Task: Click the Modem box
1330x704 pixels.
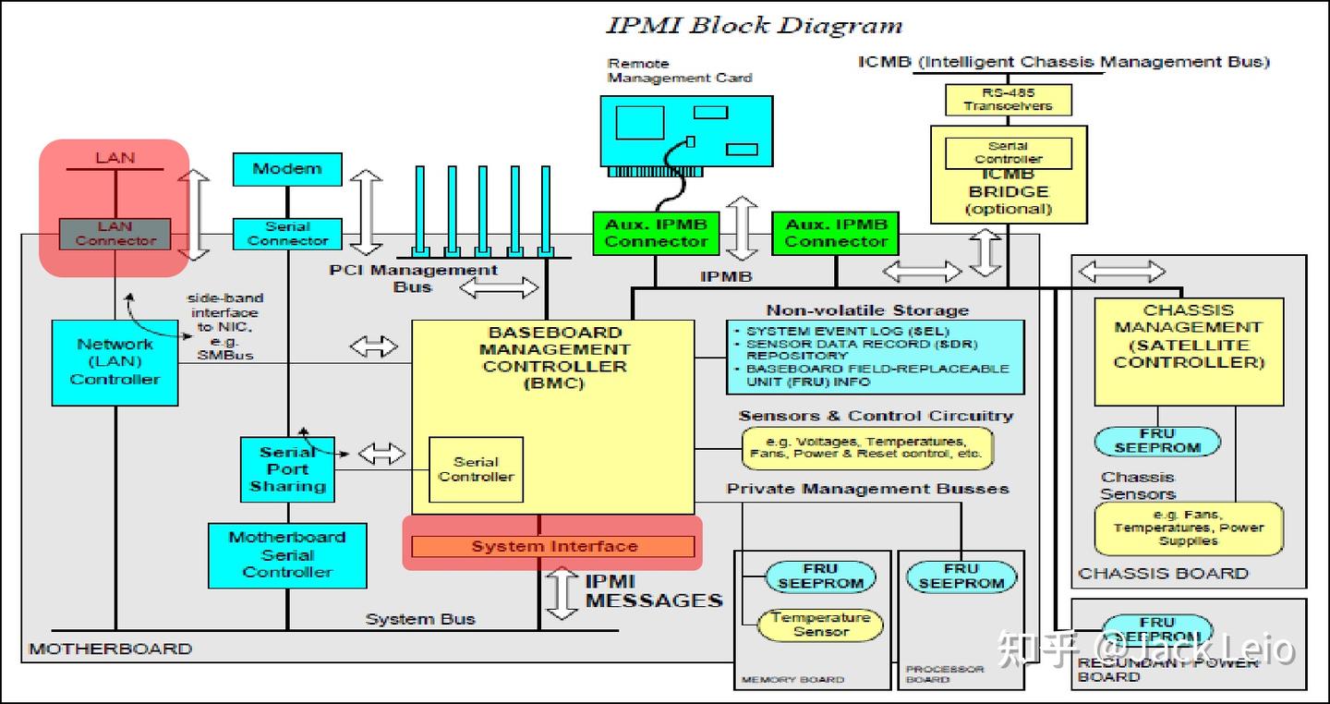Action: point(286,169)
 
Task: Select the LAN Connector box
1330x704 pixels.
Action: point(115,234)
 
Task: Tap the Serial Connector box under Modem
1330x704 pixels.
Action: point(287,234)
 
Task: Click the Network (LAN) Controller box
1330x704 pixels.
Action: point(115,362)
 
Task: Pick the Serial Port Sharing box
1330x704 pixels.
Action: point(286,469)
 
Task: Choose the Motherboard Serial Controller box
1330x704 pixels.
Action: point(286,555)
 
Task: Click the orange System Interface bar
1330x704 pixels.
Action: point(553,546)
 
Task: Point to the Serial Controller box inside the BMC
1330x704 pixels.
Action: point(476,469)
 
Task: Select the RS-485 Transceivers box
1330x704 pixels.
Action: point(1008,100)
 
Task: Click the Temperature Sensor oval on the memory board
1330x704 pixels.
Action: point(820,625)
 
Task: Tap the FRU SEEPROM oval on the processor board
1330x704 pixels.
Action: point(961,577)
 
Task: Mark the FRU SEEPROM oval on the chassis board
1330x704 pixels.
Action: point(1156,441)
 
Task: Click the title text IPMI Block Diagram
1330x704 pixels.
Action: point(754,25)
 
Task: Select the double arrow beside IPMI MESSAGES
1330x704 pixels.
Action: point(562,594)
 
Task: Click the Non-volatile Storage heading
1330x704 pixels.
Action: point(867,310)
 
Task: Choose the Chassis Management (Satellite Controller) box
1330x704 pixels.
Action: point(1188,351)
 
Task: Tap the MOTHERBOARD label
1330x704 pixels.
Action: point(110,649)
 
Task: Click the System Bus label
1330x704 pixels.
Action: point(420,619)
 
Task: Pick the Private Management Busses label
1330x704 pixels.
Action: point(867,489)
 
